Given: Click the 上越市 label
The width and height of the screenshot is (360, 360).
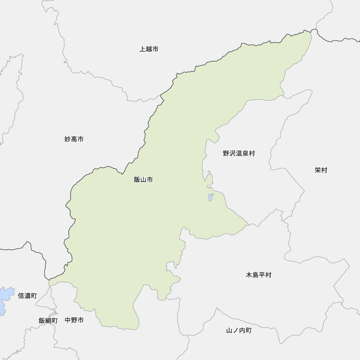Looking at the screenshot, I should pyautogui.click(x=149, y=49).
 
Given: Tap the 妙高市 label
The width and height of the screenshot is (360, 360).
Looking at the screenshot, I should pyautogui.click(x=74, y=139).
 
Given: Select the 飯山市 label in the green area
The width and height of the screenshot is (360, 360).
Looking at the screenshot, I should pyautogui.click(x=143, y=179).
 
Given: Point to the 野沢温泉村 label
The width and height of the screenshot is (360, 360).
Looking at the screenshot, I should pyautogui.click(x=238, y=153).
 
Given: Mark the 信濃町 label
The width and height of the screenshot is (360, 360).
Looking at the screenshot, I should pyautogui.click(x=27, y=296).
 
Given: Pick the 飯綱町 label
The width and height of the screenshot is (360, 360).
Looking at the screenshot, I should pyautogui.click(x=48, y=320).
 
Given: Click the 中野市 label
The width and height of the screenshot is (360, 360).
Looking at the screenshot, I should pyautogui.click(x=74, y=320).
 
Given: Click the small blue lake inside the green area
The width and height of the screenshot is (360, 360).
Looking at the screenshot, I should pyautogui.click(x=211, y=197).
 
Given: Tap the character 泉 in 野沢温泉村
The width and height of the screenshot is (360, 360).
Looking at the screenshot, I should pyautogui.click(x=245, y=153).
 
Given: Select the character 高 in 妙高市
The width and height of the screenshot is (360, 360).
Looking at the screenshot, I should pyautogui.click(x=74, y=139).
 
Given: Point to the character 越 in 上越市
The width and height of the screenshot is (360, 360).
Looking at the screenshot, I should pyautogui.click(x=149, y=49).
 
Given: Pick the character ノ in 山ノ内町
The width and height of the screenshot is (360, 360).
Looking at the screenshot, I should pyautogui.click(x=235, y=330).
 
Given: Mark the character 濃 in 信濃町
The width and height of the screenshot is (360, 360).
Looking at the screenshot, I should pyautogui.click(x=27, y=296).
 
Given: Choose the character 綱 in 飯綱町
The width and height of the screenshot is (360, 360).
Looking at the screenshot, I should pyautogui.click(x=48, y=320).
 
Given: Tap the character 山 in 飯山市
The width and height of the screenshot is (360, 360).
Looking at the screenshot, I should pyautogui.click(x=143, y=179).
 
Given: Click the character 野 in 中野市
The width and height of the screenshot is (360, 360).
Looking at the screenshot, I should pyautogui.click(x=74, y=320).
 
